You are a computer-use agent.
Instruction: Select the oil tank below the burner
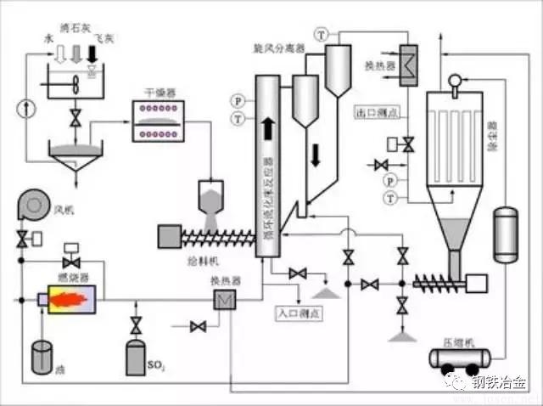point(42,358)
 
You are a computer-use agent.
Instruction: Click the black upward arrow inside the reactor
point(267,127)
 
